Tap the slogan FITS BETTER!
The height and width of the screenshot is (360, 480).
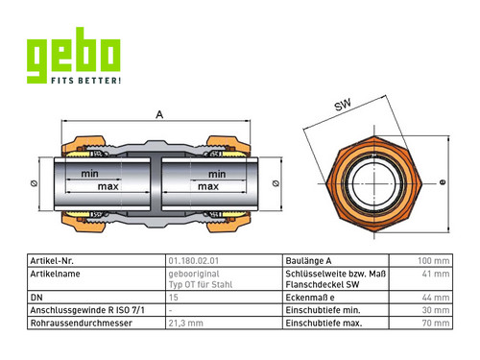tap(86, 80)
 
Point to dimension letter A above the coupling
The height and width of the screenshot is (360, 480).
tap(159, 114)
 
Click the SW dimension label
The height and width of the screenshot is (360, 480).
tap(343, 105)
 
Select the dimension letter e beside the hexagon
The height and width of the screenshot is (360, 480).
tap(443, 182)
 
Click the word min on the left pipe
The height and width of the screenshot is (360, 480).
tap(89, 174)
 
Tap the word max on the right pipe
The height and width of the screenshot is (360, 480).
tap(208, 186)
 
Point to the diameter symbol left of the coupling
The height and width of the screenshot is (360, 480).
tap(34, 183)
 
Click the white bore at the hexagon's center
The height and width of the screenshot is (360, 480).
tap(373, 183)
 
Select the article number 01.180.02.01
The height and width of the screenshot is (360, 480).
tap(194, 261)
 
